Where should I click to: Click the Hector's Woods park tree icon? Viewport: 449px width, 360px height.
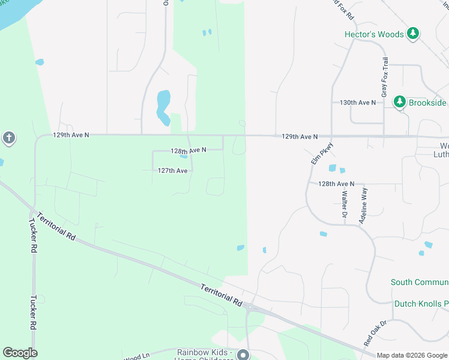pos(412,34)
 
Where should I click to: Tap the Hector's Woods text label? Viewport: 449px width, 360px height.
pos(374,34)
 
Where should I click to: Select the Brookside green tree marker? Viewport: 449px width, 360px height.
pos(400,102)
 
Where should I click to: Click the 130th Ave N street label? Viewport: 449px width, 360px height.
pos(358,103)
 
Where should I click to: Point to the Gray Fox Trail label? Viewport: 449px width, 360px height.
pos(384,77)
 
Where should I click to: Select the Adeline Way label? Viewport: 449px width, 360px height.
pos(363,206)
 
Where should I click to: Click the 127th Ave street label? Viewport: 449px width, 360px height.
pos(173,170)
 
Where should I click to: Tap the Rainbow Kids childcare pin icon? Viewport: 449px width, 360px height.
pos(243,355)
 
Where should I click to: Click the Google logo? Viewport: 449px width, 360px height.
pos(20,353)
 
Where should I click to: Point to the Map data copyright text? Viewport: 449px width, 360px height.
pos(412,355)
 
